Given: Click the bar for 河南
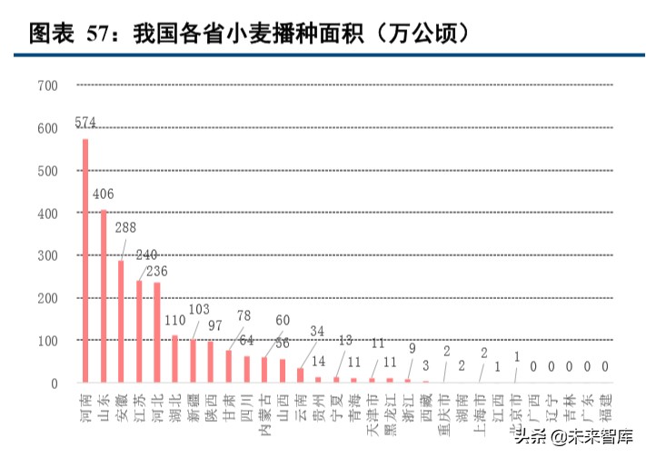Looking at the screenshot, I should coord(85,260).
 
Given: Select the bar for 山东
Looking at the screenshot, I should coord(104,296).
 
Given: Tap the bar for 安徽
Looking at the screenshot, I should coord(121,321).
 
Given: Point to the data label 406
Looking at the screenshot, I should coord(104,194).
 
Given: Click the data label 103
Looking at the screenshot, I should coord(199,310).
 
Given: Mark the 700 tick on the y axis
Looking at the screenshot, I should coord(47,85).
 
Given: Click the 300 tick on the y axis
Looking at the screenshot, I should coord(47,255).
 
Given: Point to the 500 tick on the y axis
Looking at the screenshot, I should coord(47,171).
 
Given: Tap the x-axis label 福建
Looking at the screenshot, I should coord(606,400).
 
